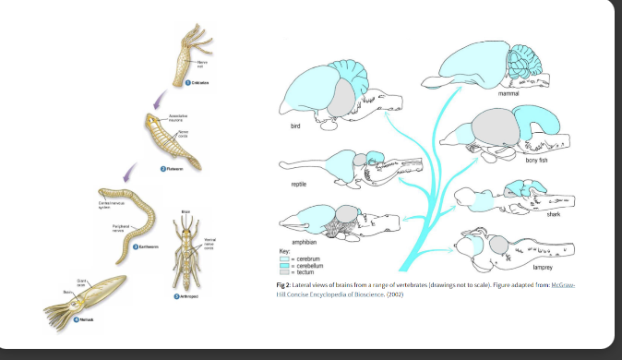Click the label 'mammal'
pyautogui.click(x=508, y=94)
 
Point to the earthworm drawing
pyautogui.click(x=134, y=222)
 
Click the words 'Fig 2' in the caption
pyautogui.click(x=284, y=285)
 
